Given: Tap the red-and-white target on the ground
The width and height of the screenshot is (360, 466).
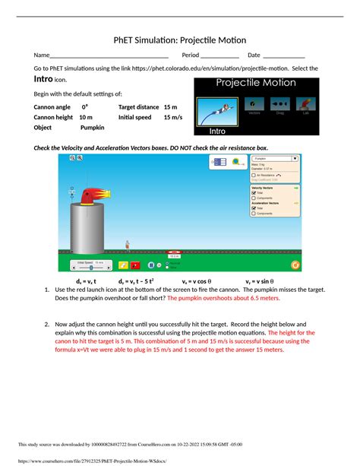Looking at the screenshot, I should coord(174,252).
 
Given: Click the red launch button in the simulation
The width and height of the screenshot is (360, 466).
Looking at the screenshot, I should coord(135,265).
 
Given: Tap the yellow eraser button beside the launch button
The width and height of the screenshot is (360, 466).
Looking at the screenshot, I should coord(122,265).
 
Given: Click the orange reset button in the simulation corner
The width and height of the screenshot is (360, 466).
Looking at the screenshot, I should coord(295,265).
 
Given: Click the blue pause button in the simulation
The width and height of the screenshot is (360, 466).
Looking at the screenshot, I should coord(151,265).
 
